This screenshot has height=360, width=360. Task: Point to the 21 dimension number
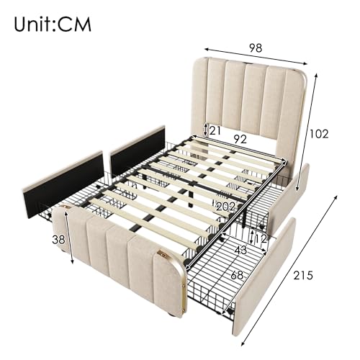tap(215, 130)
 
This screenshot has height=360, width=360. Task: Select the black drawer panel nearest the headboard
tap(138, 150)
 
